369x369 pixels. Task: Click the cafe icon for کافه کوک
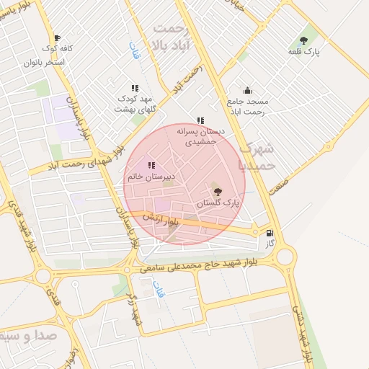tap(57, 38)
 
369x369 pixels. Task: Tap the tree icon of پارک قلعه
tap(303, 40)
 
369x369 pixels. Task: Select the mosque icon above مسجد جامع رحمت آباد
tap(247, 90)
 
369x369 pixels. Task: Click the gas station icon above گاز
tap(270, 233)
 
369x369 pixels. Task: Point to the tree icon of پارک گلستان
tap(218, 192)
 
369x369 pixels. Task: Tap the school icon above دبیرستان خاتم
tap(151, 165)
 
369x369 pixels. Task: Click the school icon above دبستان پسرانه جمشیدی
tap(200, 120)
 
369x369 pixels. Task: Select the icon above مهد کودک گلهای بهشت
tap(135, 87)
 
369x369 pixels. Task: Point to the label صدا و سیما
tap(22, 336)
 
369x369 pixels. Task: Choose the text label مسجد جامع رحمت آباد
tap(246, 107)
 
